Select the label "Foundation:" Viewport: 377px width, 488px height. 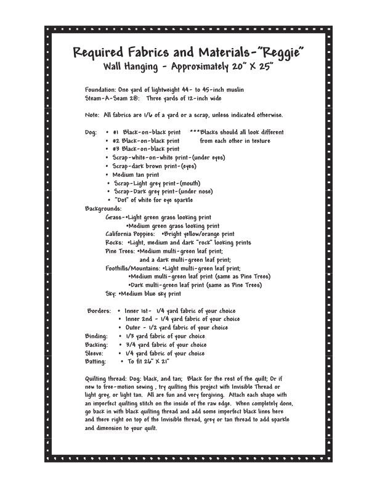tap(100, 89)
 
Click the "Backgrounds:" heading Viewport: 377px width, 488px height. tap(103, 209)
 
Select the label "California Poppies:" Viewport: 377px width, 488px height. tap(131, 234)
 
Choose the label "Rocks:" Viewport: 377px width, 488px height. tap(115, 243)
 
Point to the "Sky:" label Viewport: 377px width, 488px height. tap(111, 294)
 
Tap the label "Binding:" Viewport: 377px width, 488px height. tap(96, 336)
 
